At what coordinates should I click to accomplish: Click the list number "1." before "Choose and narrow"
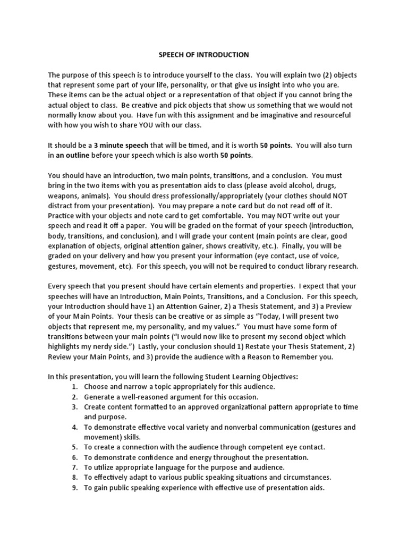[x=75, y=387]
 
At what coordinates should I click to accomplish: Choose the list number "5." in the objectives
[x=75, y=447]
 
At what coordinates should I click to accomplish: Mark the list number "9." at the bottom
[x=75, y=488]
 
